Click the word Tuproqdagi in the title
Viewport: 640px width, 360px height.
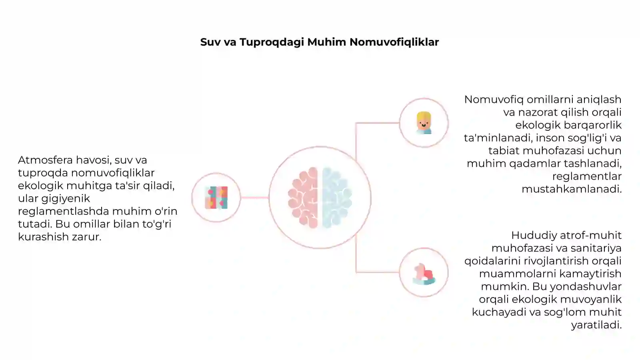click(272, 42)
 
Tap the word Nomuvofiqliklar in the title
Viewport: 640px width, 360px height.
click(394, 42)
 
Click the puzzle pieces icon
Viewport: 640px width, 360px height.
click(216, 198)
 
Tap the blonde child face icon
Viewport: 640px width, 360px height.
click(424, 123)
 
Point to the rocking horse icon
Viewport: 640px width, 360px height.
click(424, 274)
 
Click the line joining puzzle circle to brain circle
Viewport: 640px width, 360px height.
click(255, 198)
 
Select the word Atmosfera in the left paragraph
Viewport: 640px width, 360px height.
click(46, 160)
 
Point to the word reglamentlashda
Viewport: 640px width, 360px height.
click(64, 212)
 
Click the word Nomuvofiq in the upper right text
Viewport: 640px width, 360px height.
click(494, 100)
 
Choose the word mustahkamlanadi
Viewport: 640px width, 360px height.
click(572, 189)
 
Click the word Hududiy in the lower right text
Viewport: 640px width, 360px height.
click(534, 236)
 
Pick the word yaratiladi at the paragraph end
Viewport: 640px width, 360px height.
click(596, 325)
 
